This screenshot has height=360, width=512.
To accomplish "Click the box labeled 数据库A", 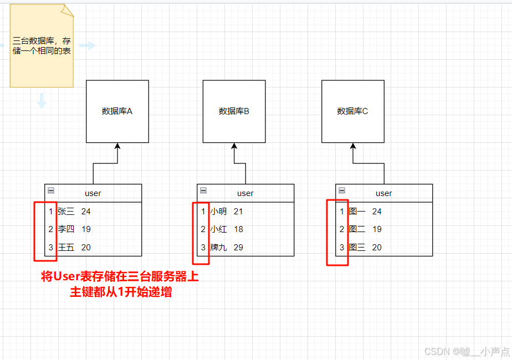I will (x=117, y=111).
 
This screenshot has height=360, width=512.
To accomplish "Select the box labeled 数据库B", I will (x=234, y=111).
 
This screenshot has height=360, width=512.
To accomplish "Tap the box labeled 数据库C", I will (x=352, y=111).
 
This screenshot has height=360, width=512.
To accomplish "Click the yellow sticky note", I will (x=42, y=47).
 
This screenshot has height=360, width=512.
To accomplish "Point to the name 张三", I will (x=65, y=211).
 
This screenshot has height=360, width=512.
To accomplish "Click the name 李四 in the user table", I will (x=65, y=229).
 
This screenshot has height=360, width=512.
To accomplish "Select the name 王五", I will (x=65, y=248).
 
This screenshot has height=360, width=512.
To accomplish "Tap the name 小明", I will (x=218, y=211).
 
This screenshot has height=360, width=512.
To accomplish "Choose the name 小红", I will (x=218, y=229).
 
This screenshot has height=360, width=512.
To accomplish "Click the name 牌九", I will (x=218, y=248).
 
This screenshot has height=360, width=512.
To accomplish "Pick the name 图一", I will (x=357, y=211).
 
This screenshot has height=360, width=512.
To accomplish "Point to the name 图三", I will (x=357, y=248).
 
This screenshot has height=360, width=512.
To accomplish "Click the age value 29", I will (x=238, y=248).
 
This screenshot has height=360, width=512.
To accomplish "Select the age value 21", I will (x=238, y=211).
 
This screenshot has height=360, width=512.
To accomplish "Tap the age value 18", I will (x=238, y=229).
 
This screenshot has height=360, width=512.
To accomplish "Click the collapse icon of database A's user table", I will (x=51, y=190).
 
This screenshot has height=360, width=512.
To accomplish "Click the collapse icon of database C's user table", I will (x=342, y=190).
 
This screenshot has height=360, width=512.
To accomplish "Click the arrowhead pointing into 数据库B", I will (x=234, y=146).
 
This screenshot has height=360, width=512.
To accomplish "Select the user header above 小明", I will (x=245, y=193).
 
